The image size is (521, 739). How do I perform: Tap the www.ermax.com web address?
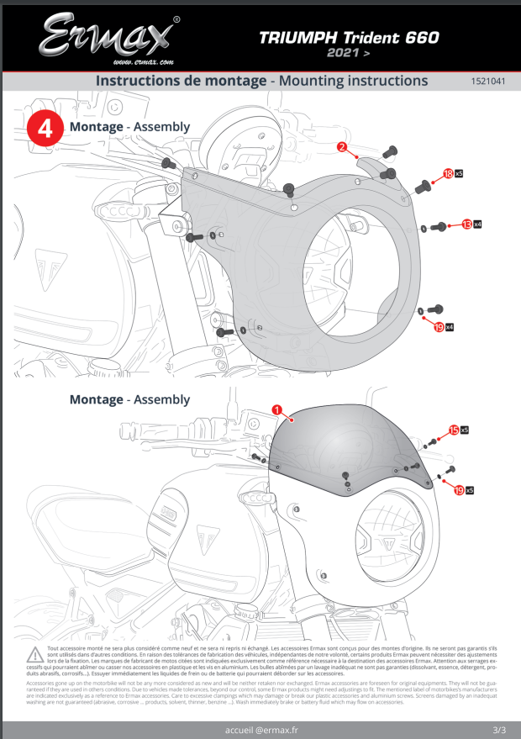click(143, 62)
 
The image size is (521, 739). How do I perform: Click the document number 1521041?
click(487, 82)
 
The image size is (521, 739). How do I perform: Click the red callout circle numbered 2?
click(342, 147)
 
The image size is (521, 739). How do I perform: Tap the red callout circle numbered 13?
click(466, 225)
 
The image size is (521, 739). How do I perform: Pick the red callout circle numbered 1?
click(276, 409)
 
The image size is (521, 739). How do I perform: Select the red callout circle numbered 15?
click(454, 430)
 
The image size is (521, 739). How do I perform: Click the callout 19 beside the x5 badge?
click(459, 489)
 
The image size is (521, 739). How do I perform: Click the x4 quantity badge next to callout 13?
click(477, 225)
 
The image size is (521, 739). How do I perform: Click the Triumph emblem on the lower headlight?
click(388, 543)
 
